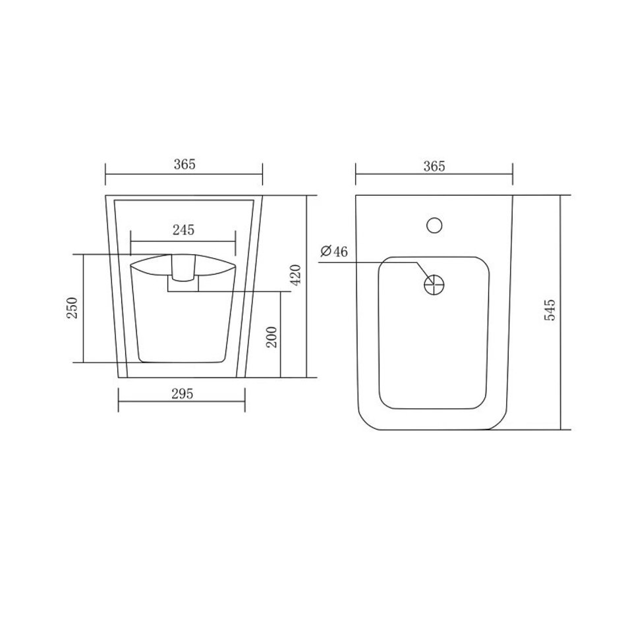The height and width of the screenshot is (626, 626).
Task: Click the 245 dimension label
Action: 183,230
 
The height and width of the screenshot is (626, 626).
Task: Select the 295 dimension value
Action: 182,394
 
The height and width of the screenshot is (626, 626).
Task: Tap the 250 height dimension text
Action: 72,308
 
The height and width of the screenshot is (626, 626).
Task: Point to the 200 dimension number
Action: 271,337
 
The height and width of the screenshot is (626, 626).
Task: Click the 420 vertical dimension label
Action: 296,275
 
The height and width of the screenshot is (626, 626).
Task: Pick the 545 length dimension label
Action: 550,310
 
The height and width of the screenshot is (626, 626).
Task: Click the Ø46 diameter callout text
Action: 334,251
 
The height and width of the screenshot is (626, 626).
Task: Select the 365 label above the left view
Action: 185,164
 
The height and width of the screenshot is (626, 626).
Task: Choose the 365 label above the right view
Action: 434,166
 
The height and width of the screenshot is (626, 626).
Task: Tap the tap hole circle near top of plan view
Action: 434,225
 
